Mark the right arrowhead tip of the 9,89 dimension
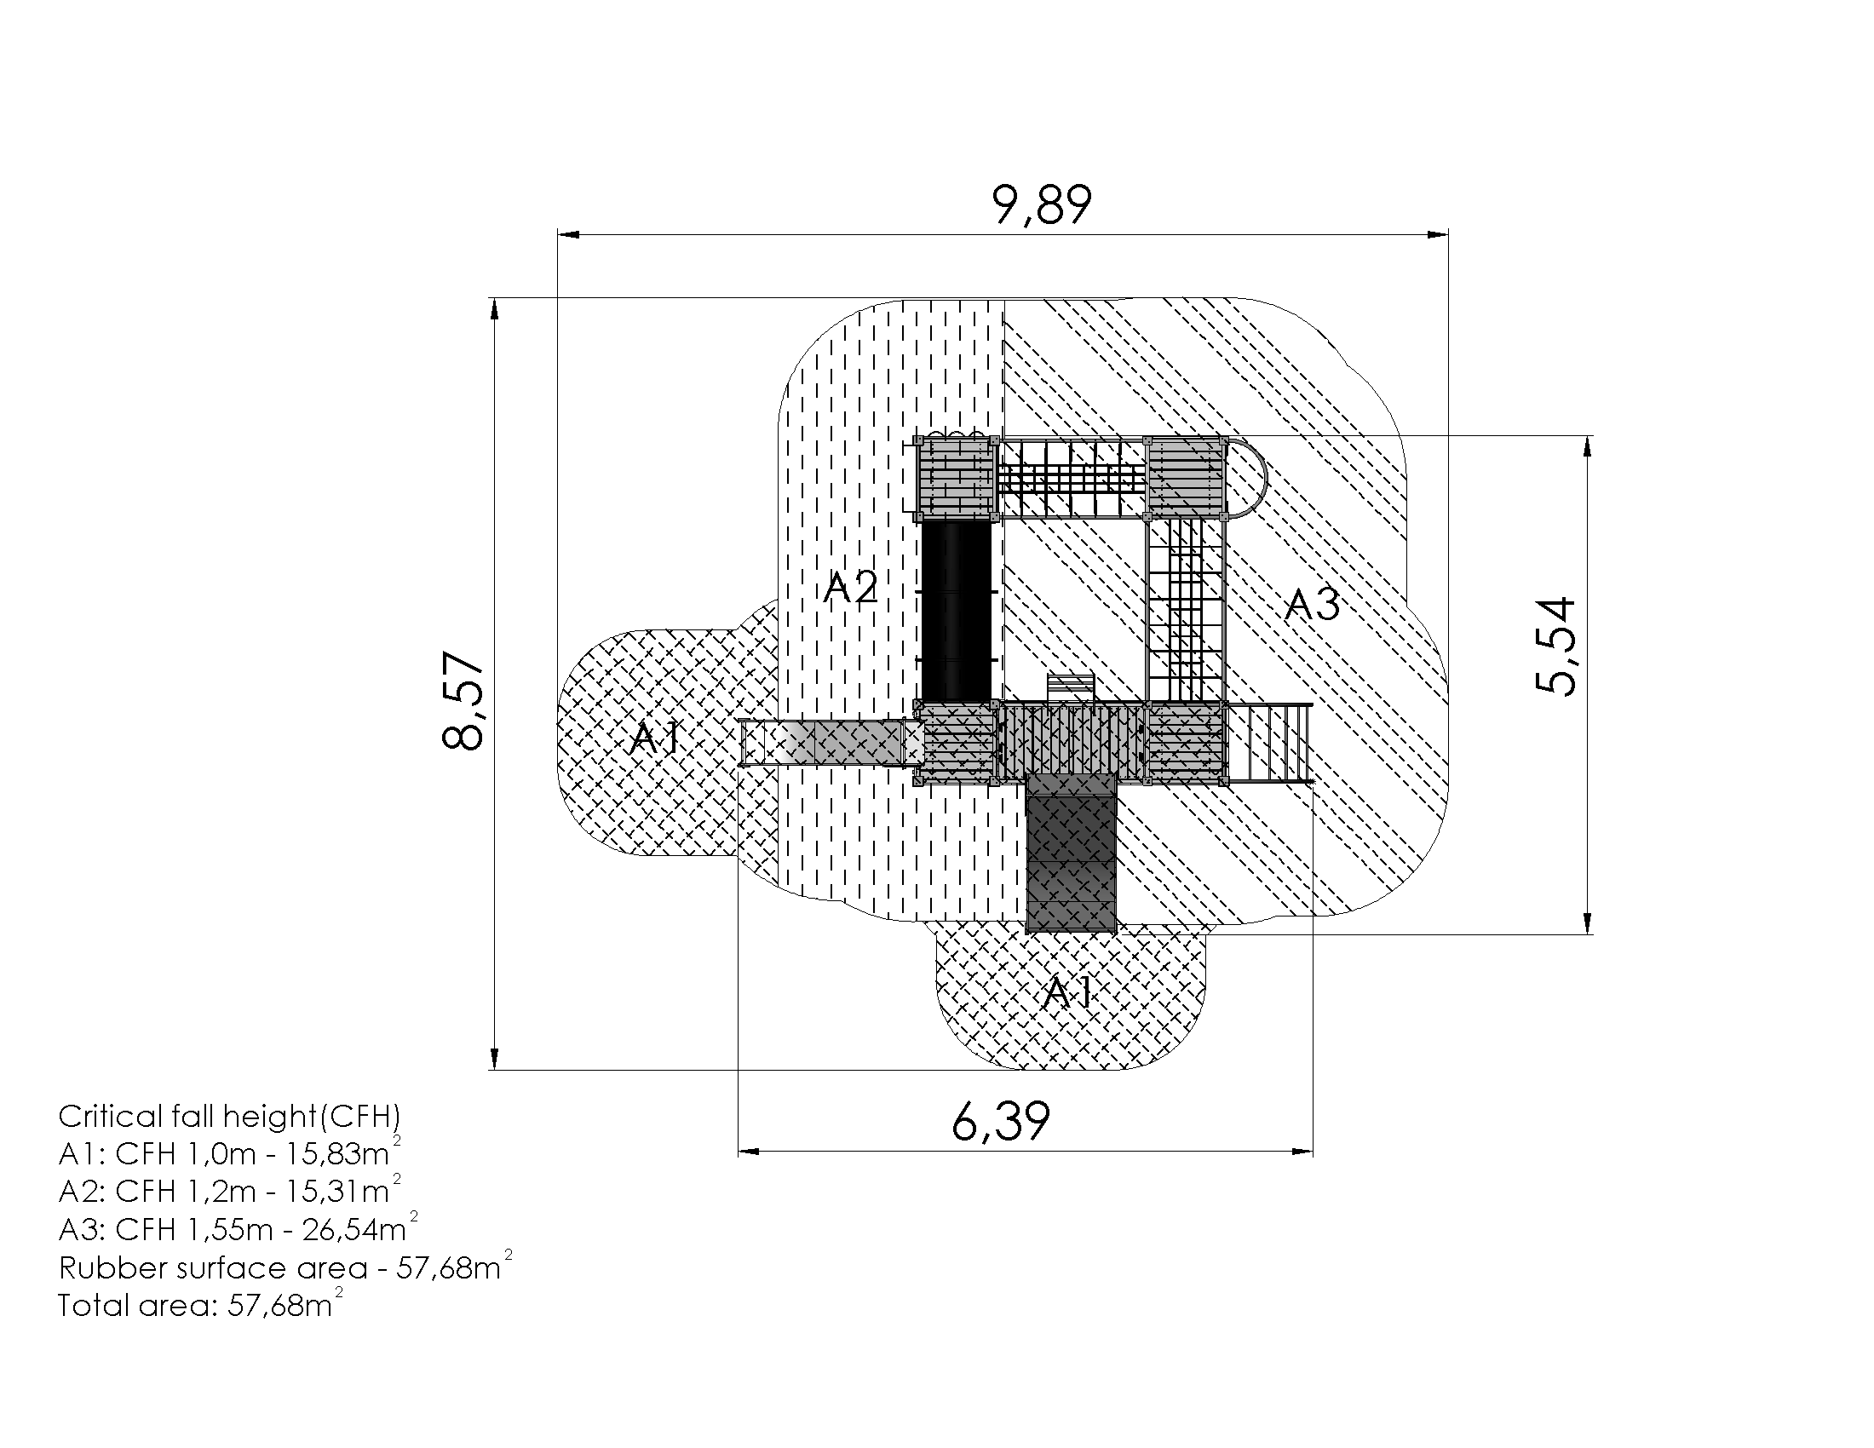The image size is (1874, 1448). click(1448, 233)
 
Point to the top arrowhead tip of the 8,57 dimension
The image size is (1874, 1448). click(494, 298)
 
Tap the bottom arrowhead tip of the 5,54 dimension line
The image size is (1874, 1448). click(1588, 934)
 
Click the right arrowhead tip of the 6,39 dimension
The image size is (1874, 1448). click(1313, 1152)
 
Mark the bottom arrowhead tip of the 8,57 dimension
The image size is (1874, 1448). click(494, 1070)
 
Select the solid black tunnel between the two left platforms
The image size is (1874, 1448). click(956, 611)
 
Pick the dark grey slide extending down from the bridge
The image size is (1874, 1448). click(1072, 853)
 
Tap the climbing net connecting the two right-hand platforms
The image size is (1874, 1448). click(1185, 611)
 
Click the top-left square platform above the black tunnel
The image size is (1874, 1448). click(956, 478)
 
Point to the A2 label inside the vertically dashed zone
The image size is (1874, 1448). click(850, 588)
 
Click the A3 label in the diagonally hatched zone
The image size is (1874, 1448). click(1312, 605)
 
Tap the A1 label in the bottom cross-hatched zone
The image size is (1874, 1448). click(1068, 992)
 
